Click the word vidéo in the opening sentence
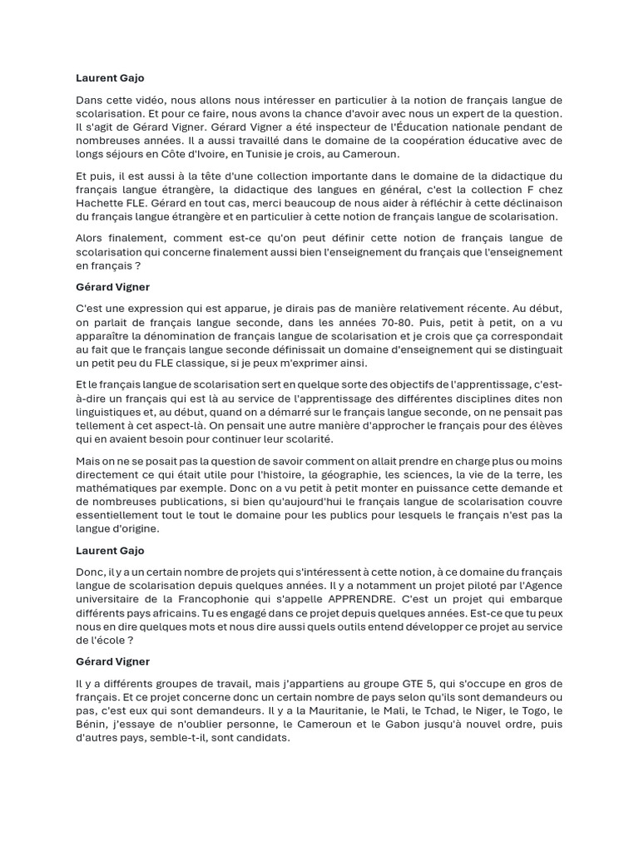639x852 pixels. tap(137, 100)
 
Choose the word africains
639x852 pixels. tap(156, 612)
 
